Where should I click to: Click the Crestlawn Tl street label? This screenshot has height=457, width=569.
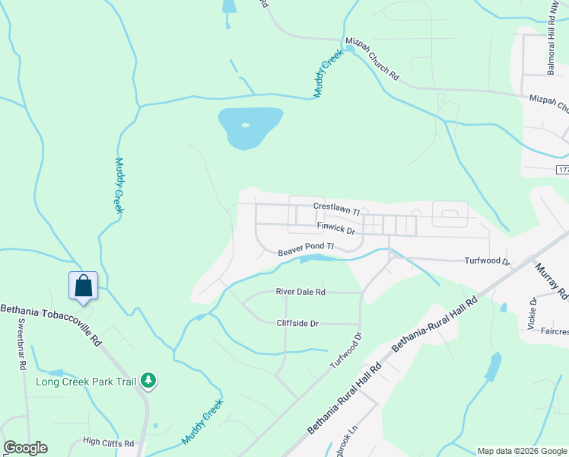coord(335,206)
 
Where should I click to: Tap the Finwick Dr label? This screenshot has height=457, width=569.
coord(336,228)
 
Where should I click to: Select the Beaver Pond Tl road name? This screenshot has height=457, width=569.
coord(306,248)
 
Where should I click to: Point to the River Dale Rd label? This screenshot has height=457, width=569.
coord(300,292)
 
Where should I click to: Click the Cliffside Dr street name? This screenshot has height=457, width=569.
coord(297,323)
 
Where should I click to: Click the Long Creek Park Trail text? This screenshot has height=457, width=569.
coord(86,381)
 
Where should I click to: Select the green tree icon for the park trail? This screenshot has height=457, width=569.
coord(149,380)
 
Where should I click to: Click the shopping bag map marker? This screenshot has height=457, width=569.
coord(84,286)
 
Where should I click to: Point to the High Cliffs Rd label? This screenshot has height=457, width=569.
coord(108,442)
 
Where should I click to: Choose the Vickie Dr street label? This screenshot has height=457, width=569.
coord(532,313)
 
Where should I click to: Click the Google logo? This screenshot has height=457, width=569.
coord(25,448)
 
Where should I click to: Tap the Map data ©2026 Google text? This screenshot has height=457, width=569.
coord(522,451)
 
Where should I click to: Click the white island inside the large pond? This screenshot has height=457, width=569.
coord(245,125)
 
